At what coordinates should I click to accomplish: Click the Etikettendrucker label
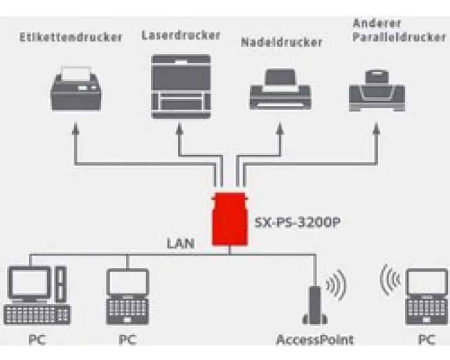71,38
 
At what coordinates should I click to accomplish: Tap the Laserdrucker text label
181,35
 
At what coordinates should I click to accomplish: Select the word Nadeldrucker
282,42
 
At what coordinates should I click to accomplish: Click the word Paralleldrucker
399,38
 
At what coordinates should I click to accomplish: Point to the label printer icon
76,89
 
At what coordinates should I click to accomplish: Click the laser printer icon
181,86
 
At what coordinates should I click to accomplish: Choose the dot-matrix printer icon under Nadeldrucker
281,89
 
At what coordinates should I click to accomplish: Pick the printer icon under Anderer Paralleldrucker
377,91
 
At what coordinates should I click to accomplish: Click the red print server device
230,219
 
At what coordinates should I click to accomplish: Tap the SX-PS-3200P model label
298,223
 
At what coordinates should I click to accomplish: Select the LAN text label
181,244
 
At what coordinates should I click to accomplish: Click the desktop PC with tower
37,295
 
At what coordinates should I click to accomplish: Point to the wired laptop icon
128,297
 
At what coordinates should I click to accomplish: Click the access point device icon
315,305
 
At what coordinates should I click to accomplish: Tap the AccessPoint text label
315,340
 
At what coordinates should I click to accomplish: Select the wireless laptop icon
427,297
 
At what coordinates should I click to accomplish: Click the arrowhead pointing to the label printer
76,128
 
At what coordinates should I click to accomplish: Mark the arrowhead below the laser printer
179,128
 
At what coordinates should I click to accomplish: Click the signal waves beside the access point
336,284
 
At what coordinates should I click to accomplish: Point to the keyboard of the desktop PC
37,315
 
